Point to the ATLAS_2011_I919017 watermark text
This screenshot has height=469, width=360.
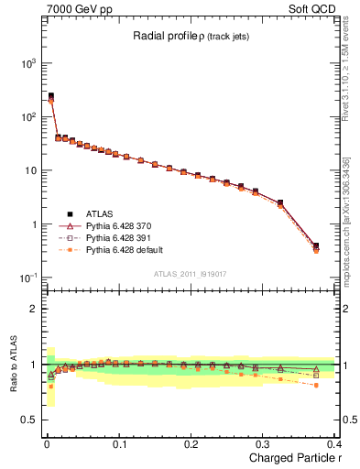click(190, 273)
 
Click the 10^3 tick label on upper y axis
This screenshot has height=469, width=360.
click(26, 63)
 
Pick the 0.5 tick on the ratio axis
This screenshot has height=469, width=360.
click(27, 420)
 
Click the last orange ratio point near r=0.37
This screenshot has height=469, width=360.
click(316, 386)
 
